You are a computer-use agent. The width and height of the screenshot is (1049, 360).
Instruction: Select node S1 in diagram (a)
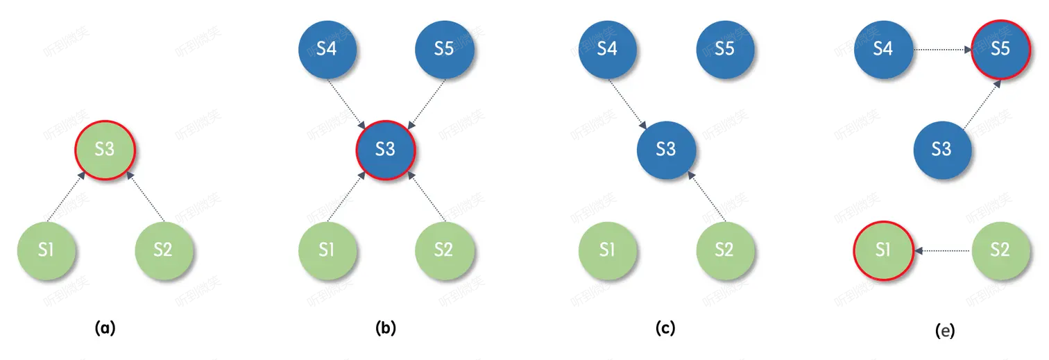[46, 250]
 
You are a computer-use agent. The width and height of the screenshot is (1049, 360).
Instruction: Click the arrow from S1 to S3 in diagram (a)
[67, 197]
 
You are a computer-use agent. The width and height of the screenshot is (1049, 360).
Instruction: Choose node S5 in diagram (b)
[443, 50]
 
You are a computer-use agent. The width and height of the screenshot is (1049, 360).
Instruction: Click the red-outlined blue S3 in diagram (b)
[385, 149]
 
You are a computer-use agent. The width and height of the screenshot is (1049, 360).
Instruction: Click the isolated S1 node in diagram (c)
[607, 250]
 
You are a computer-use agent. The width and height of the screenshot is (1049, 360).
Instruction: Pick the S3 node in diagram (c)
[665, 149]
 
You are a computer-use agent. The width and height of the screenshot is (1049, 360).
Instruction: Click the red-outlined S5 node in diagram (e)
[1000, 50]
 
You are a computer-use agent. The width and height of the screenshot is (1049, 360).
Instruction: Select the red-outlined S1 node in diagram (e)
[882, 250]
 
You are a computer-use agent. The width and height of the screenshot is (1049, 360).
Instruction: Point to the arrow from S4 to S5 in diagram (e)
[941, 50]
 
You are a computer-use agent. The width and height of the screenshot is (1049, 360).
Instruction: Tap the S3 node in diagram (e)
[941, 149]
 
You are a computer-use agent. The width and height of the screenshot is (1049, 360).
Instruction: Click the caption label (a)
[104, 328]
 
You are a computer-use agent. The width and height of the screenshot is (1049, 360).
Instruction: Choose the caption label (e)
[944, 331]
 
